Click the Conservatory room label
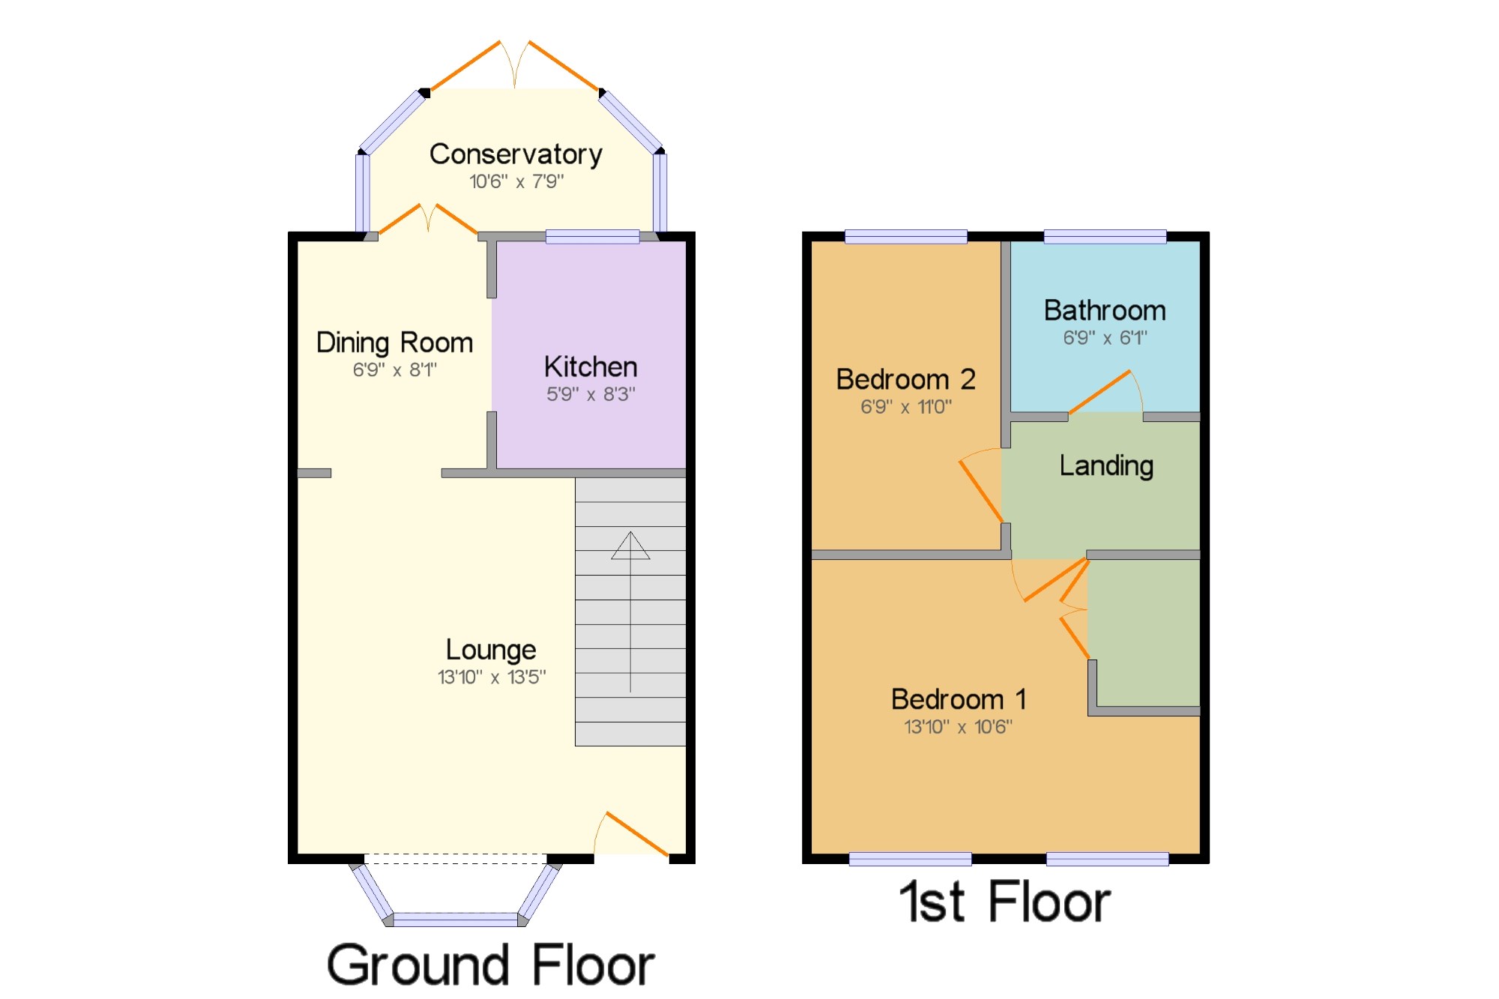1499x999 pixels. (x=516, y=154)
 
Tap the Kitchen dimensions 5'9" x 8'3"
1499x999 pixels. (x=591, y=394)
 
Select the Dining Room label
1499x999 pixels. (x=394, y=342)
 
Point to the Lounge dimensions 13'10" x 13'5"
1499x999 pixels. (x=492, y=677)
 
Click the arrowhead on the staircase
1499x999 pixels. (x=630, y=546)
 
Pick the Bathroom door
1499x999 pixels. (x=1100, y=391)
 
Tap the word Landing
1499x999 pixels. (x=1106, y=466)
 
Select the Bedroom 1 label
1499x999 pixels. (x=958, y=699)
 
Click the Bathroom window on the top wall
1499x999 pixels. (x=1105, y=237)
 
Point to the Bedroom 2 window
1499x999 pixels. (x=905, y=237)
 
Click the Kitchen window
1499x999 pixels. (x=592, y=237)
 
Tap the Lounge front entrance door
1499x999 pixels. (x=637, y=833)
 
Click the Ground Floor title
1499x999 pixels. (x=491, y=965)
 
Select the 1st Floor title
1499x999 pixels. (x=1004, y=902)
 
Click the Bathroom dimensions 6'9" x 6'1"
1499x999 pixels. (x=1105, y=338)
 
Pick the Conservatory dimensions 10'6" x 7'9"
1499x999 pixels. (x=516, y=181)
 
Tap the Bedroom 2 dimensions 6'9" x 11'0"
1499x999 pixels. (x=906, y=407)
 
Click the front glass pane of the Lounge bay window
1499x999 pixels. (x=456, y=920)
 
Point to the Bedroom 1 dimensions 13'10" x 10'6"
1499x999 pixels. (x=958, y=727)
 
